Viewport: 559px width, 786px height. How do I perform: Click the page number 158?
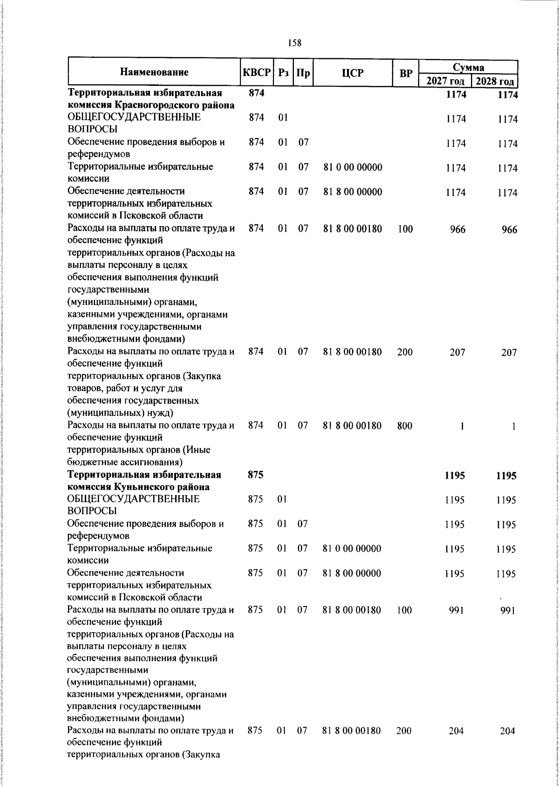pyautogui.click(x=294, y=43)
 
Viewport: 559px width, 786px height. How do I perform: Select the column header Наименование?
pyautogui.click(x=154, y=72)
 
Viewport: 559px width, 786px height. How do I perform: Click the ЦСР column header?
pyautogui.click(x=353, y=73)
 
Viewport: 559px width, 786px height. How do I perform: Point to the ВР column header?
pyautogui.click(x=406, y=73)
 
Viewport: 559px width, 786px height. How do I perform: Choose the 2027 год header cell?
pyautogui.click(x=445, y=82)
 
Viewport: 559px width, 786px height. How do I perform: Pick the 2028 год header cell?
pyautogui.click(x=495, y=82)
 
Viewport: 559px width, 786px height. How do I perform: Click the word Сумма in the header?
pyautogui.click(x=469, y=67)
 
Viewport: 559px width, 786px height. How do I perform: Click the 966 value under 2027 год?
pyautogui.click(x=457, y=229)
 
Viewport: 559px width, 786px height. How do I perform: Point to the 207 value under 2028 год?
pyautogui.click(x=509, y=353)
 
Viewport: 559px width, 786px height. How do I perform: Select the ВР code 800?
pyautogui.click(x=404, y=426)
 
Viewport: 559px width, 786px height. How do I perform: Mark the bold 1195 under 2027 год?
pyautogui.click(x=455, y=476)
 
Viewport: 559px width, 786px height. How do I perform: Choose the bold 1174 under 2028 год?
pyautogui.click(x=507, y=95)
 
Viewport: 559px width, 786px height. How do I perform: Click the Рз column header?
pyautogui.click(x=283, y=73)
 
